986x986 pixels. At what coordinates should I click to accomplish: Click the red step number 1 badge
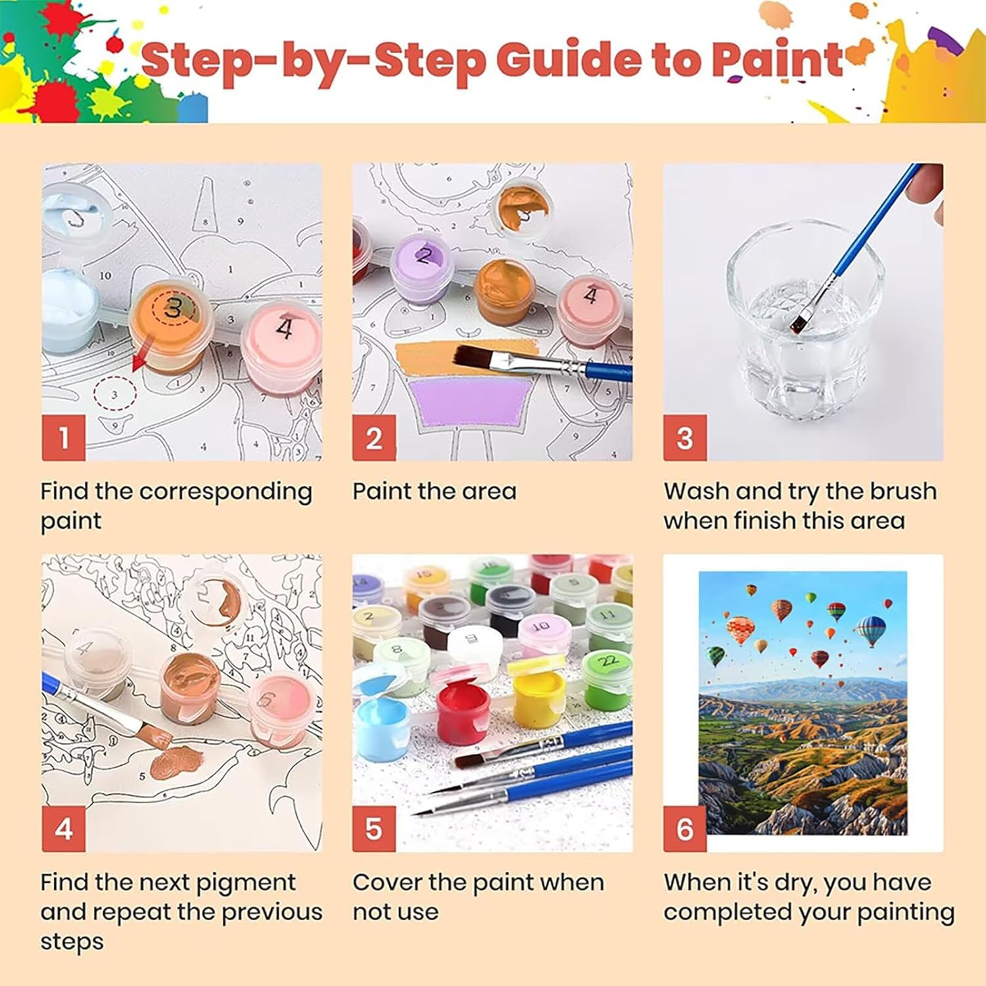(64, 437)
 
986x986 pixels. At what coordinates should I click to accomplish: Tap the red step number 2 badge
(374, 437)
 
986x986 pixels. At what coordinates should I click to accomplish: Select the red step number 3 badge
(685, 437)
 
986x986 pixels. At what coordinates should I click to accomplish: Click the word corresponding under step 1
(225, 492)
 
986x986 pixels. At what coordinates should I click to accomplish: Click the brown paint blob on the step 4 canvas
(177, 763)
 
